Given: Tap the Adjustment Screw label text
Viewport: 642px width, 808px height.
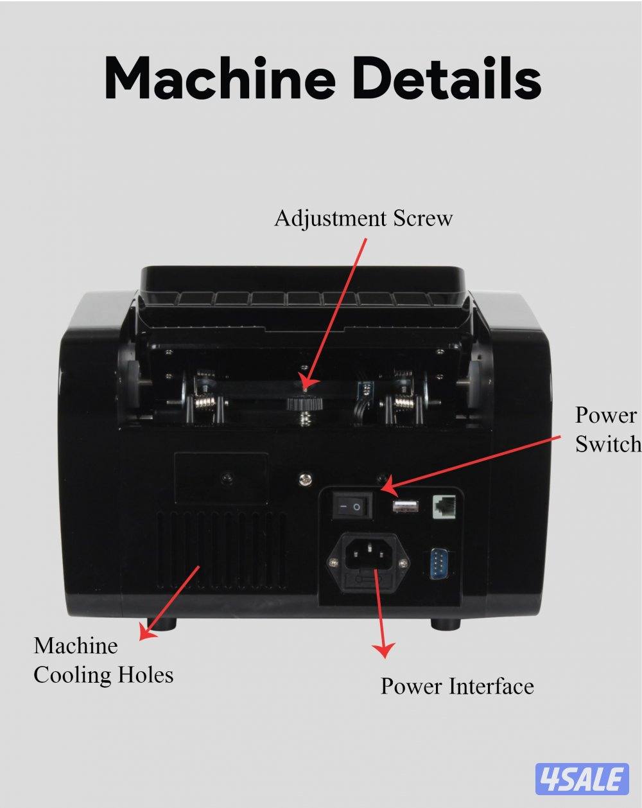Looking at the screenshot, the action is pos(363,219).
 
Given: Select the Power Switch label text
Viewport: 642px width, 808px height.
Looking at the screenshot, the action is pos(608,430).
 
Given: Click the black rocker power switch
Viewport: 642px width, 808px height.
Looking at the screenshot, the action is pos(352,507).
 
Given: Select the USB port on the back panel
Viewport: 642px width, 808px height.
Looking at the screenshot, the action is pos(406,505).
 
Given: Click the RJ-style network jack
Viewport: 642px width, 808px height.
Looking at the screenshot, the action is pos(444,507).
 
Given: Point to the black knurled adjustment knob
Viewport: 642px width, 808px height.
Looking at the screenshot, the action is pos(305,404).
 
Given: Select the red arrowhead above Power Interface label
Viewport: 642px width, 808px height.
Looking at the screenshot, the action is pos(384,650).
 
